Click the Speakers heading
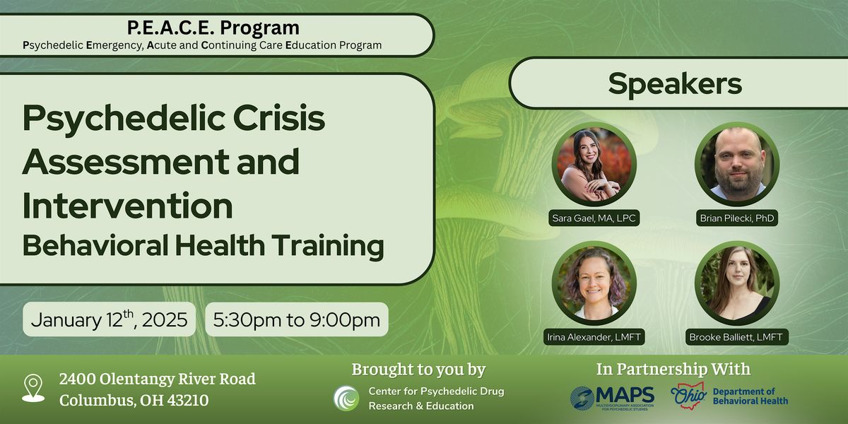675,83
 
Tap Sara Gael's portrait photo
594,165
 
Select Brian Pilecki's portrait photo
736,164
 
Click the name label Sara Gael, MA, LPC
594,218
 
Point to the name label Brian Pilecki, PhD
736,218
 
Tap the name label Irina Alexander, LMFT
594,337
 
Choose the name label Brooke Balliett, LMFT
736,337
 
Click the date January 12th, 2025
110,319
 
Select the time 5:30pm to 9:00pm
297,319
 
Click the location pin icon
33,389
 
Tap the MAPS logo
612,397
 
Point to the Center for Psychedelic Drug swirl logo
346,398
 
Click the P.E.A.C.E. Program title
213,28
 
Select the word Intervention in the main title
127,206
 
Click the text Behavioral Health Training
203,245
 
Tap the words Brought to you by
418,370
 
